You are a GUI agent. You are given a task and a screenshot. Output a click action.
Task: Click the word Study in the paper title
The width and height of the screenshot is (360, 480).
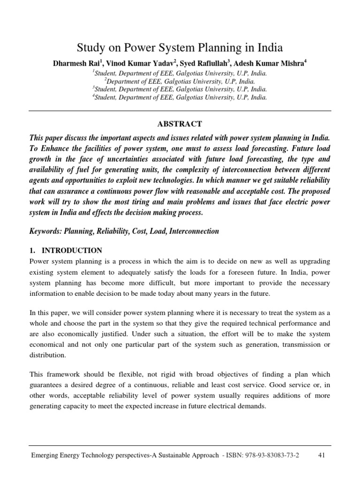[89, 48]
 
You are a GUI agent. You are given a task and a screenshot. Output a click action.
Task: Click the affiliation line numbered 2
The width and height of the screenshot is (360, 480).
[180, 81]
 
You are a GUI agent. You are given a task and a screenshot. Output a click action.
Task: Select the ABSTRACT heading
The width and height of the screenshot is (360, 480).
[180, 124]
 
